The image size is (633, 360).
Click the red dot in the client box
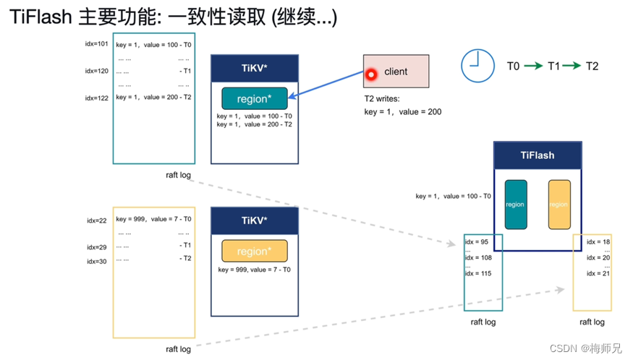371,74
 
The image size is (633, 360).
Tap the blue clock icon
477,66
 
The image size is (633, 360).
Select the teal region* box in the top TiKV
254,99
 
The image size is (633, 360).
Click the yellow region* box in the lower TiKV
254,251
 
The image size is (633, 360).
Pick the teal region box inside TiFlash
515,205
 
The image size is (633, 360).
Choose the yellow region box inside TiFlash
559,205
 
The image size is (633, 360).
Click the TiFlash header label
537,155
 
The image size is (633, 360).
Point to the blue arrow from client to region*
328,85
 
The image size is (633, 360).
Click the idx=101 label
96,44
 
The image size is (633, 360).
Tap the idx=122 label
96,98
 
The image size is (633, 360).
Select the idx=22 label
97,220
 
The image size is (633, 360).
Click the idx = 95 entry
477,241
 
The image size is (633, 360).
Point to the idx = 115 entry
479,273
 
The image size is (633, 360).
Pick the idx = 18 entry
598,241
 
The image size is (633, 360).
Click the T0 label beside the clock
513,67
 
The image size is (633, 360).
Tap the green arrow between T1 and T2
572,67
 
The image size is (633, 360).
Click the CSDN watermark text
585,348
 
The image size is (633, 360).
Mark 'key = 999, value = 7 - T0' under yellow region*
254,270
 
